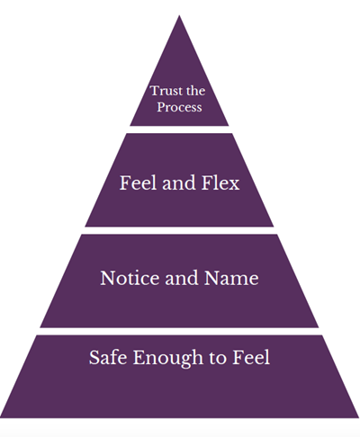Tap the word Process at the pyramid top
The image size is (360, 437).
(180, 107)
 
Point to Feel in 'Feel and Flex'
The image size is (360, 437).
(138, 183)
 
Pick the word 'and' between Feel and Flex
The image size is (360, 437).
(178, 183)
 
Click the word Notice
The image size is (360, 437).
(128, 279)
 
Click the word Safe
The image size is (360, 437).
(107, 358)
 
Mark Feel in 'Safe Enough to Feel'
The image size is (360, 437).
(250, 358)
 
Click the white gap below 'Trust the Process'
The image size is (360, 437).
(179, 129)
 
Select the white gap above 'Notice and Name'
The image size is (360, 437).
(179, 230)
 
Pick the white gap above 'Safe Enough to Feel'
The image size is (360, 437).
(179, 331)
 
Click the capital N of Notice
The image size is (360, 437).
(106, 279)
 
